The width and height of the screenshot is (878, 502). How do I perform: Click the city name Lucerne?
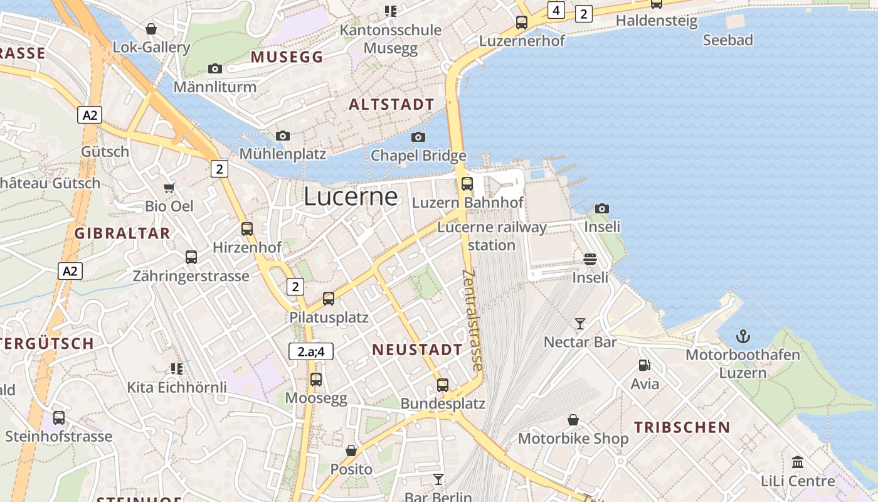(351, 196)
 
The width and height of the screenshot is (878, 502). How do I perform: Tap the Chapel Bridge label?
(418, 155)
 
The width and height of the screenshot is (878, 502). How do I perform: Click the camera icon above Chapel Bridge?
(418, 137)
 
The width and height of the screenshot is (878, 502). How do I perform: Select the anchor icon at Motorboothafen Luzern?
(743, 336)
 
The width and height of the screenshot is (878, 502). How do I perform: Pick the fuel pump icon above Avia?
(644, 365)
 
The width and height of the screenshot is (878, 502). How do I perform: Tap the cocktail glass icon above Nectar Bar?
(580, 324)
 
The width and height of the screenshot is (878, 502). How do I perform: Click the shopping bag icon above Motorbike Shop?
(573, 420)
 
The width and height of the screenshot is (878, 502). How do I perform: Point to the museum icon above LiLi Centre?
(798, 462)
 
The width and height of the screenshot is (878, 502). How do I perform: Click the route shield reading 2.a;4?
(311, 351)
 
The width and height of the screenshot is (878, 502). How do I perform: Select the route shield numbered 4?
(556, 10)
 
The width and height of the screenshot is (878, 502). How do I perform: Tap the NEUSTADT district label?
(417, 350)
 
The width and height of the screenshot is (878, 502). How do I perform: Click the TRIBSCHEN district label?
(682, 427)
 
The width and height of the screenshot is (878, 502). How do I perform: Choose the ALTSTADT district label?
(391, 104)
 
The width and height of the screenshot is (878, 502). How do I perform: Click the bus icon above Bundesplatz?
(443, 385)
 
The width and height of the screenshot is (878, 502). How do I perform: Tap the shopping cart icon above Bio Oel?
(169, 188)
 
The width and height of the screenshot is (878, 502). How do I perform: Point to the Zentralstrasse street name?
(472, 320)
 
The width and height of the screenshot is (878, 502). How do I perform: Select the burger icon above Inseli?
(590, 259)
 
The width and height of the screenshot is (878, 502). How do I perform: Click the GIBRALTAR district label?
(122, 233)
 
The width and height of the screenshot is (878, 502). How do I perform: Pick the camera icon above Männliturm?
(215, 68)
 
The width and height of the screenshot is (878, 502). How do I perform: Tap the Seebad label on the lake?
(727, 40)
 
